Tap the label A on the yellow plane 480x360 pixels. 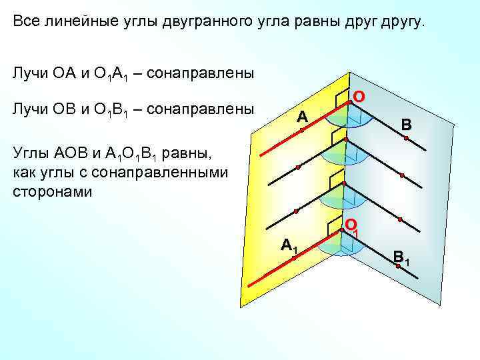click(x=302, y=117)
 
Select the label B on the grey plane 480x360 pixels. click(x=406, y=125)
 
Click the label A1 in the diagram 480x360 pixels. click(x=289, y=245)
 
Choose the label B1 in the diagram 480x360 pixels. click(x=401, y=255)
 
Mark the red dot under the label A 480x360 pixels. click(x=301, y=131)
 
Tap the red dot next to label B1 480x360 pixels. click(x=398, y=266)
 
